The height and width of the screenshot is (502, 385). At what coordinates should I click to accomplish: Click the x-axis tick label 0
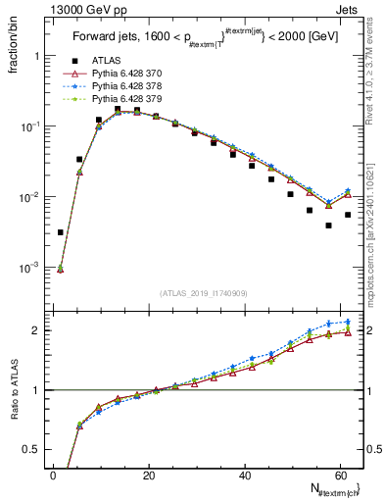tap(53, 476)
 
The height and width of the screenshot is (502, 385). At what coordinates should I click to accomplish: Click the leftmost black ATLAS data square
tap(61, 232)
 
